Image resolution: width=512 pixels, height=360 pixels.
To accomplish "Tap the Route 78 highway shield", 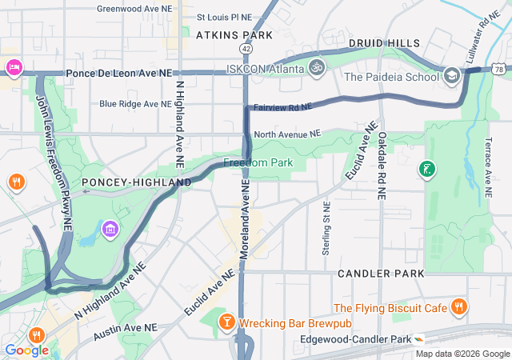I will coord(498,70).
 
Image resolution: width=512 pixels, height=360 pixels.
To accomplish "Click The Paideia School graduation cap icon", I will coord(453,76).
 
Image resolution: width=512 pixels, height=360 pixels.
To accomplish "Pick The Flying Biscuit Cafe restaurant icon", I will coord(458,307).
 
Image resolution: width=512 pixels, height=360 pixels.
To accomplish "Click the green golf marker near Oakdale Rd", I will coord(426,169).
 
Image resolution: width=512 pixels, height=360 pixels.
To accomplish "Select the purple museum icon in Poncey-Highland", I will coord(110,231).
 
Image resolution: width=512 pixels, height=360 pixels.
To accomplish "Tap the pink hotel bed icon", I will coord(13,66).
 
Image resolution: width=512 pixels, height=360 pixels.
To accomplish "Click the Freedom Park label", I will coord(258,163).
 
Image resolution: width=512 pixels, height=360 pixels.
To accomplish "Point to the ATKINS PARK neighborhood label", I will coord(234,35).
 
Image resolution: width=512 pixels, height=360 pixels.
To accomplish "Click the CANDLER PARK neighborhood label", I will coord(381,274).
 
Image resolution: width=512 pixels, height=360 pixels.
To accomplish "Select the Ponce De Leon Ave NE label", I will coord(119,73).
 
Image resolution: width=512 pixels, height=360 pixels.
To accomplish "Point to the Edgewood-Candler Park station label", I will coord(355,339).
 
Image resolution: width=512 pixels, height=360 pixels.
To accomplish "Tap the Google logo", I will coord(26,350).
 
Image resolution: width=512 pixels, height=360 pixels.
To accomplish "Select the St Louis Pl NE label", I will coord(224,16).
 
